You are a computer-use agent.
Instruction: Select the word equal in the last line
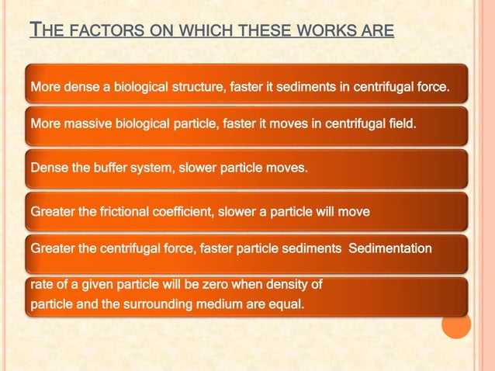pyautogui.click(x=283, y=304)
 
